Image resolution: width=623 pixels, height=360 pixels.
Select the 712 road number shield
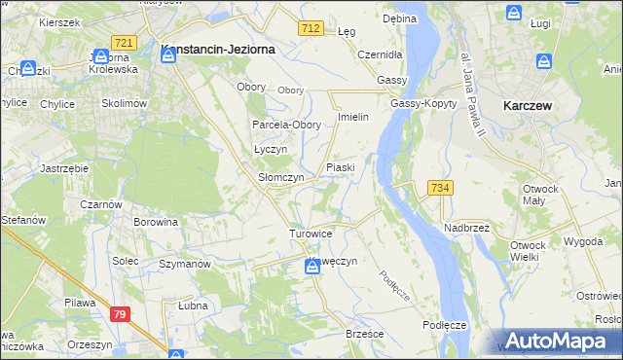tap(311, 30)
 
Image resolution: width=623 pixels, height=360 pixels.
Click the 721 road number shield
tap(123, 44)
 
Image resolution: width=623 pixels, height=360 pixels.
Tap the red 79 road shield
tap(120, 314)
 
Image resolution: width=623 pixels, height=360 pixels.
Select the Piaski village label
tap(340, 167)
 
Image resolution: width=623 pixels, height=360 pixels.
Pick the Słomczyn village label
tap(281, 178)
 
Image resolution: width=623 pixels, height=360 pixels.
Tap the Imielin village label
tap(352, 117)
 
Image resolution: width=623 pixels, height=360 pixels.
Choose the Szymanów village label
tap(185, 264)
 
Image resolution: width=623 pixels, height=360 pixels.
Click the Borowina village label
tap(156, 222)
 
